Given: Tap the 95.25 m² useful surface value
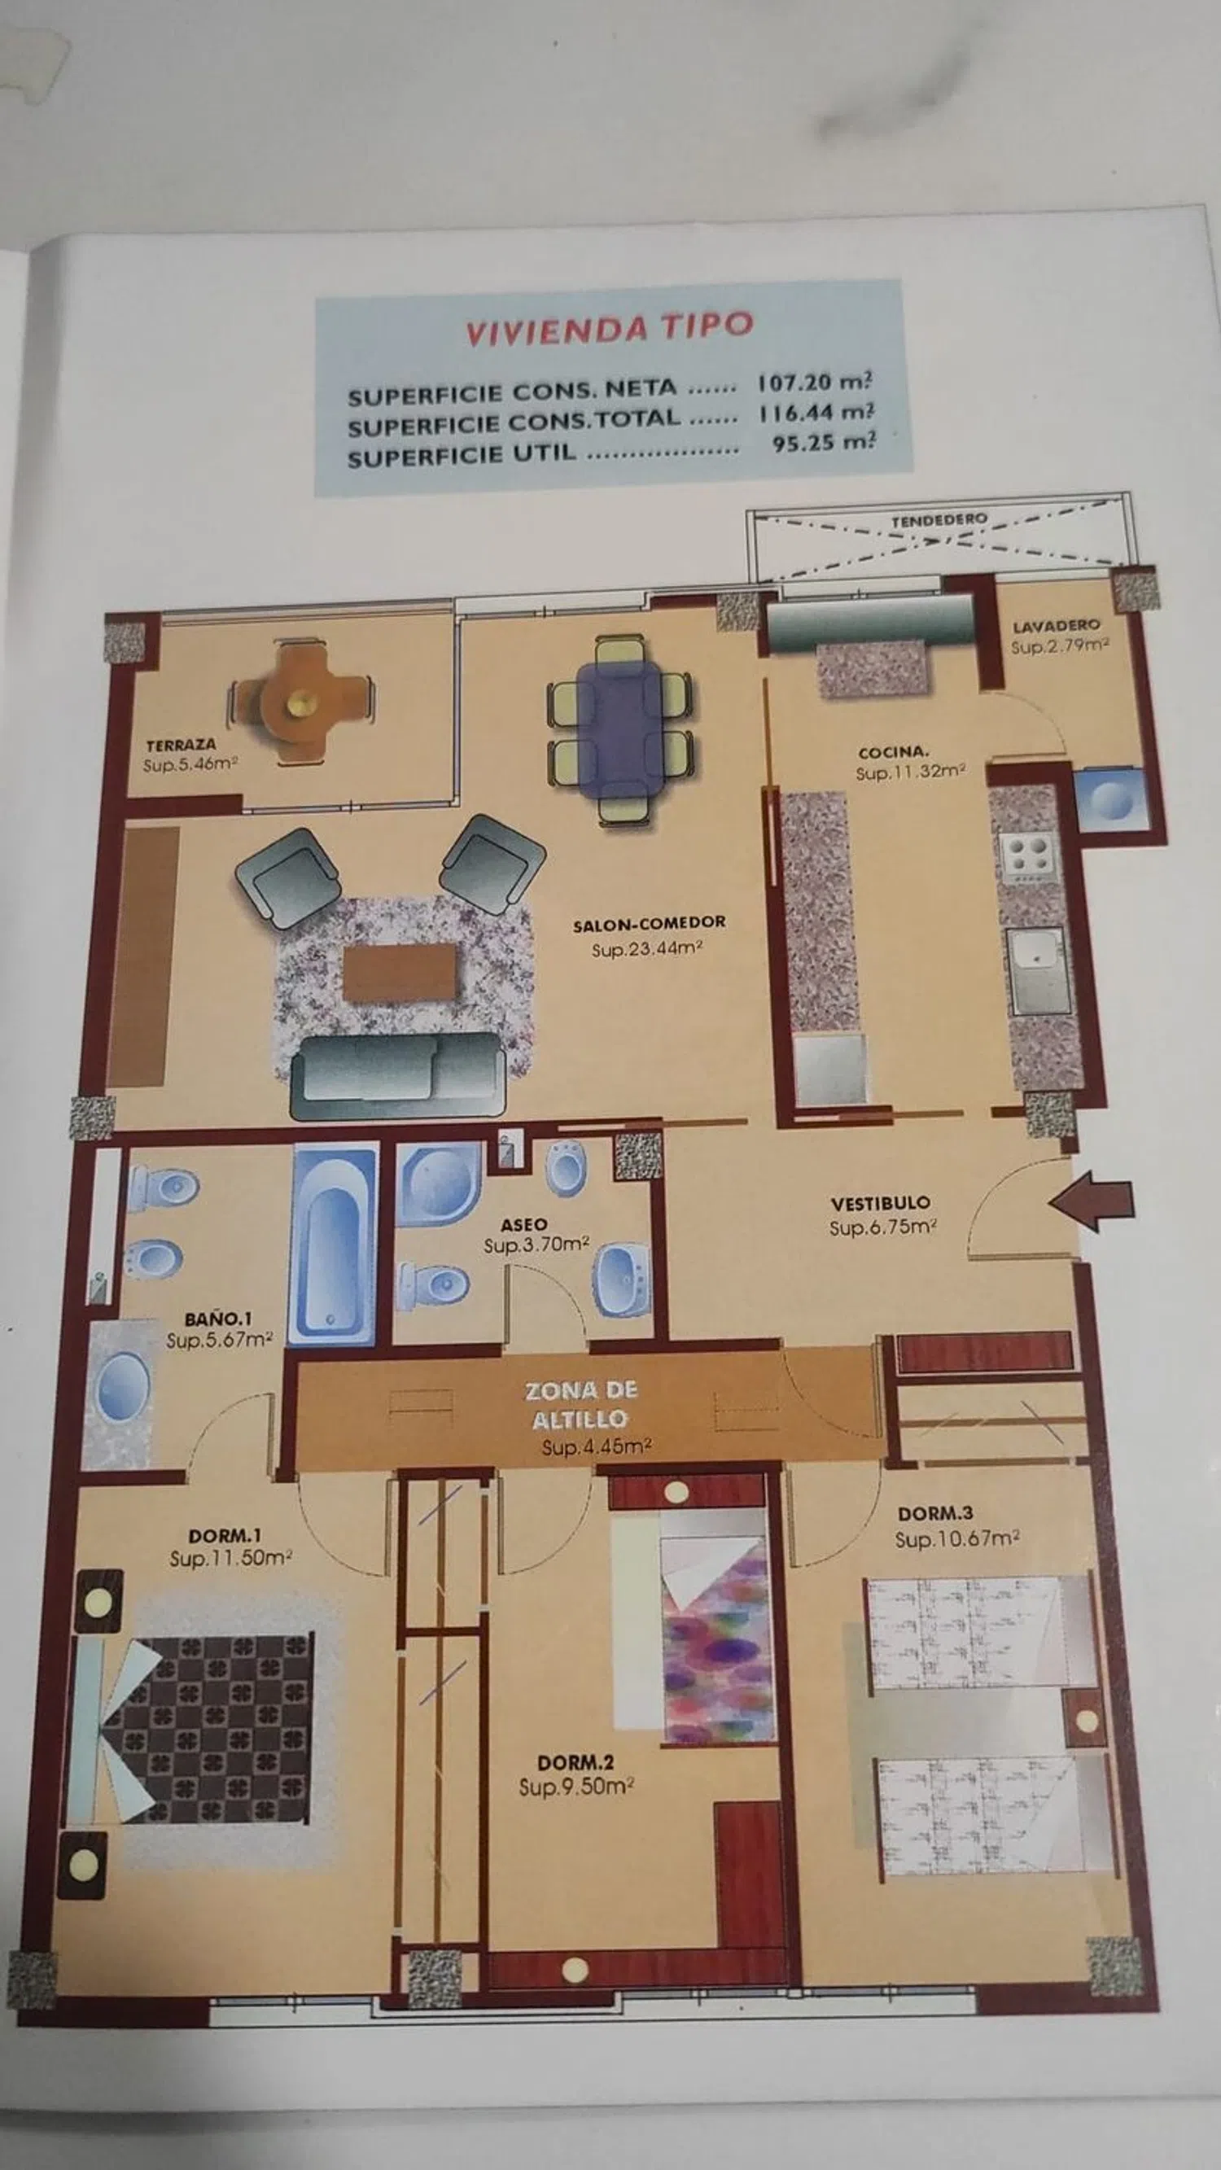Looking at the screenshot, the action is [x=824, y=443].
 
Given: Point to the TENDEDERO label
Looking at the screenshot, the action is [x=939, y=520].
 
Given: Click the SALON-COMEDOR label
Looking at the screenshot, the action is [x=649, y=923].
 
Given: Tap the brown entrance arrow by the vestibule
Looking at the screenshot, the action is [x=1092, y=1205].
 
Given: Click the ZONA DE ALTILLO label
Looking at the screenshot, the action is [x=581, y=1404].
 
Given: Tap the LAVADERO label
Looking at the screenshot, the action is [x=1056, y=626].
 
